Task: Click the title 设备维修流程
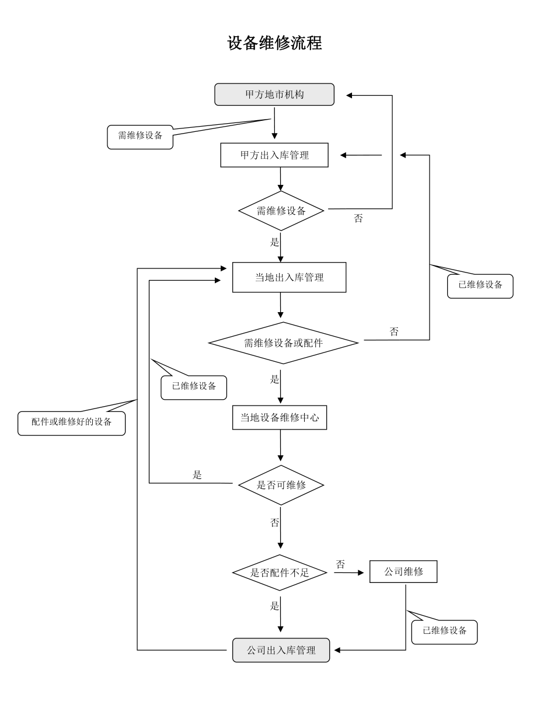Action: pyautogui.click(x=274, y=43)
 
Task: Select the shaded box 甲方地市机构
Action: pyautogui.click(x=274, y=95)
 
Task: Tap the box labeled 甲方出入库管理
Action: pyautogui.click(x=274, y=155)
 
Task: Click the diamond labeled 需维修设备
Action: pyautogui.click(x=281, y=211)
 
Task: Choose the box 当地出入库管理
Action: pyautogui.click(x=290, y=277)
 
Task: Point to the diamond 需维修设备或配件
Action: pyautogui.click(x=283, y=343)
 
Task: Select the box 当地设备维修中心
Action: pyautogui.click(x=280, y=418)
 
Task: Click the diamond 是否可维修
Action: pyautogui.click(x=281, y=484)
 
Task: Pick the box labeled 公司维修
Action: pyautogui.click(x=403, y=572)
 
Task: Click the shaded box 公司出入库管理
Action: pyautogui.click(x=281, y=650)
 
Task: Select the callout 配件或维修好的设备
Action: pyautogui.click(x=71, y=422)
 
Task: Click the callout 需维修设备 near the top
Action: pyautogui.click(x=140, y=136)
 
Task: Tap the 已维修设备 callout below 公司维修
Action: pyautogui.click(x=444, y=631)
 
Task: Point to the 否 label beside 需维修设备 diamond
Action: pyautogui.click(x=358, y=219)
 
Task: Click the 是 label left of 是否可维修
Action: pyautogui.click(x=197, y=475)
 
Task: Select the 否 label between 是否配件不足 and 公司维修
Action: pyautogui.click(x=340, y=564)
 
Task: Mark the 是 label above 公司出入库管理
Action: pyautogui.click(x=275, y=606)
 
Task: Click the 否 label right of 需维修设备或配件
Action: pyautogui.click(x=394, y=331)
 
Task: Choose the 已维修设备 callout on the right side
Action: pyautogui.click(x=480, y=285)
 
